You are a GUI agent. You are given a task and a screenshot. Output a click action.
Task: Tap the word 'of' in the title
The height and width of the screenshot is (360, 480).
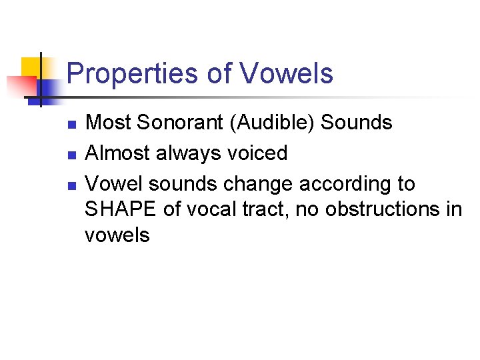218,74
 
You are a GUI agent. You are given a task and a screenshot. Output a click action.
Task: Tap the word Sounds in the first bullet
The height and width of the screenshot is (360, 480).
357,123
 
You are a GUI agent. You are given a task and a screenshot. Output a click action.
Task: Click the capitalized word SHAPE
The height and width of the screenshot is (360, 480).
121,209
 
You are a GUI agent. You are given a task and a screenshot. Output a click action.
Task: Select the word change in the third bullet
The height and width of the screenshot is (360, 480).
256,184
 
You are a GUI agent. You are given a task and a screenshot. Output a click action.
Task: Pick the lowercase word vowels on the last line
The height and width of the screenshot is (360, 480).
117,235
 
